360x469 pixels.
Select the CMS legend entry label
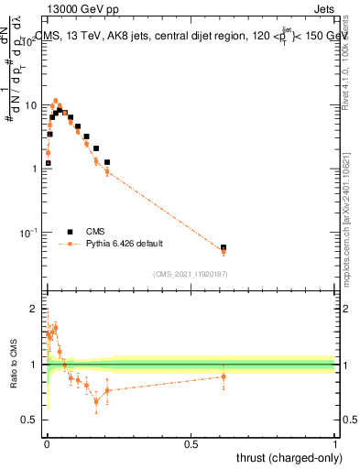click(95, 232)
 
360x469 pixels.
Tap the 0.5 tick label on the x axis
click(191, 444)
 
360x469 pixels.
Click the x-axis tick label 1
click(335, 444)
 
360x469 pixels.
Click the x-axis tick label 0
click(47, 444)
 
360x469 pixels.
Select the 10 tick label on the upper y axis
click(30, 105)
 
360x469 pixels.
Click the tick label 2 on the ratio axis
click(35, 309)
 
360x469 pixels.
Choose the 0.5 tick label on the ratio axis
click(30, 420)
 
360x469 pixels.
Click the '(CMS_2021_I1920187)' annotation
click(191, 273)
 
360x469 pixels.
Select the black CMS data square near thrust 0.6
click(224, 247)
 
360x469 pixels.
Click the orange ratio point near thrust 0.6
click(224, 376)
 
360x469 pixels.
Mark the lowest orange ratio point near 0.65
click(96, 401)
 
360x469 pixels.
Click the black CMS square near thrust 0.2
click(107, 162)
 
